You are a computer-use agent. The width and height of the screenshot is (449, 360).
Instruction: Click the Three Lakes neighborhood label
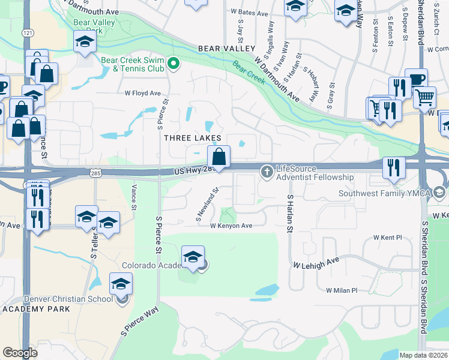click(192, 138)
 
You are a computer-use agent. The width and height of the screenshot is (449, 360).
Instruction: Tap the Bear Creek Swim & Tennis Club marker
click(173, 63)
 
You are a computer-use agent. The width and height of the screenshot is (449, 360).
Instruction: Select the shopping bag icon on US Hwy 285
click(219, 158)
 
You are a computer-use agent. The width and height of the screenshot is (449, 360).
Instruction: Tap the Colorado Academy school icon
click(193, 257)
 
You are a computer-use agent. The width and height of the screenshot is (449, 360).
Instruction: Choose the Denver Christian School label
click(68, 299)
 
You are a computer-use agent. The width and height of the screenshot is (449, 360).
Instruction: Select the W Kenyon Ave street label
click(231, 226)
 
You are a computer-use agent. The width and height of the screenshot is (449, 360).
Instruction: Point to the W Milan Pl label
click(342, 290)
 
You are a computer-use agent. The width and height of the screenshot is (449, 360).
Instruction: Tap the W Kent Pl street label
click(387, 238)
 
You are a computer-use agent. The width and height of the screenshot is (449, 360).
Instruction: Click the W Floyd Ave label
click(143, 93)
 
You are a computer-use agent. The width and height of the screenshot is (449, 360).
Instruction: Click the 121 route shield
click(27, 32)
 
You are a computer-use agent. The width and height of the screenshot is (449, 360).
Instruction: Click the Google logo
click(20, 353)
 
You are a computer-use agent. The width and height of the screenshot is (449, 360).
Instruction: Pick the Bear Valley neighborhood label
click(227, 49)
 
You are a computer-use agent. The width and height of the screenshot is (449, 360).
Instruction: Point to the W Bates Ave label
click(249, 13)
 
